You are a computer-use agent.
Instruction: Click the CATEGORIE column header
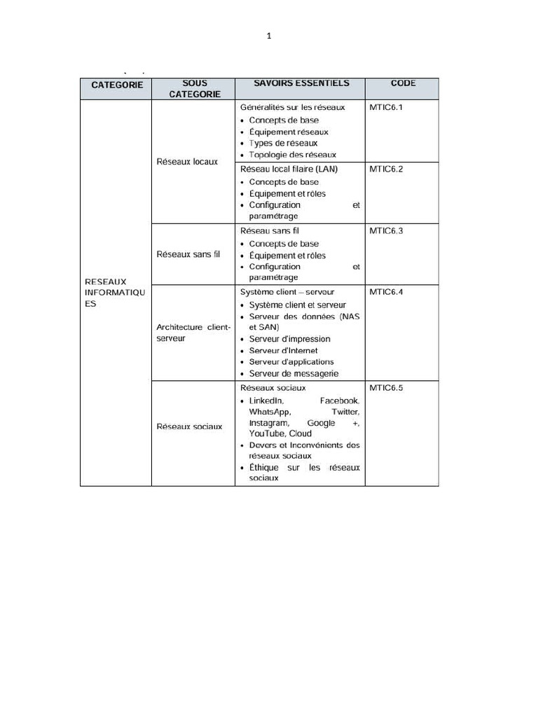coord(117,85)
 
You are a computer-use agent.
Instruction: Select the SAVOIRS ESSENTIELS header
coord(301,83)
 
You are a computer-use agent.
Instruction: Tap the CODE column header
coord(403,83)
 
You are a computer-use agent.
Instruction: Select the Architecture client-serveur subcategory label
coord(193,333)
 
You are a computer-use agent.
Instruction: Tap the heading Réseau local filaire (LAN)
coord(289,169)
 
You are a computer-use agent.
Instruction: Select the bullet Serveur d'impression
coord(289,339)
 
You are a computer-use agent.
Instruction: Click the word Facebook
coord(339,401)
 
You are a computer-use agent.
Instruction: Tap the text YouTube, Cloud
coord(280,433)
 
